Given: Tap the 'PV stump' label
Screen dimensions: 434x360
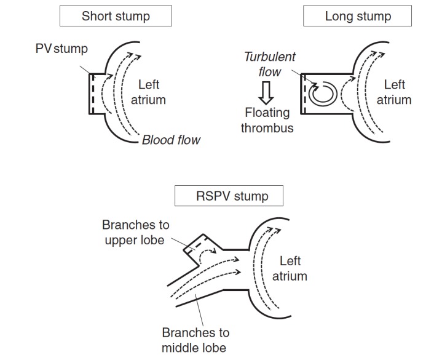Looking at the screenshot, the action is coord(61,49).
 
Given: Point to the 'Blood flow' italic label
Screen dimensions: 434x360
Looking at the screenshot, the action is coord(171,140).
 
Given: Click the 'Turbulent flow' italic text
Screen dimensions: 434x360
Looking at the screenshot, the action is coord(270,64).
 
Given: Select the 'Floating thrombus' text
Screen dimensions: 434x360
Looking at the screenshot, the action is coord(267,120).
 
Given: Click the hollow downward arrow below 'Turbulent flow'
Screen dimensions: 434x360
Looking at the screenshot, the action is coord(266,93).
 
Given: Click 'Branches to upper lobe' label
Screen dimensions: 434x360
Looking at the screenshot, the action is coord(135,232).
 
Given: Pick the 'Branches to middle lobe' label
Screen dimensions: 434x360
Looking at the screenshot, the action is coord(195,340).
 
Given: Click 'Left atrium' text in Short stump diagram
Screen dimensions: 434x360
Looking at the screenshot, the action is coord(148,92).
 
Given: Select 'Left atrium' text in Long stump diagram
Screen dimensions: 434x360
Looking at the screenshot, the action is coord(394,92).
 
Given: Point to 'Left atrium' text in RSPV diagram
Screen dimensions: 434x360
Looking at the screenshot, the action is coord(290,268).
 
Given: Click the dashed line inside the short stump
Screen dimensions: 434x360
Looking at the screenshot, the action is coord(93,94).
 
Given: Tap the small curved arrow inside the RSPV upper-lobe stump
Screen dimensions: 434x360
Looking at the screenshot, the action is coord(207,253).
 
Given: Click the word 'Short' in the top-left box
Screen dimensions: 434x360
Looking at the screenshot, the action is coord(97,16).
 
